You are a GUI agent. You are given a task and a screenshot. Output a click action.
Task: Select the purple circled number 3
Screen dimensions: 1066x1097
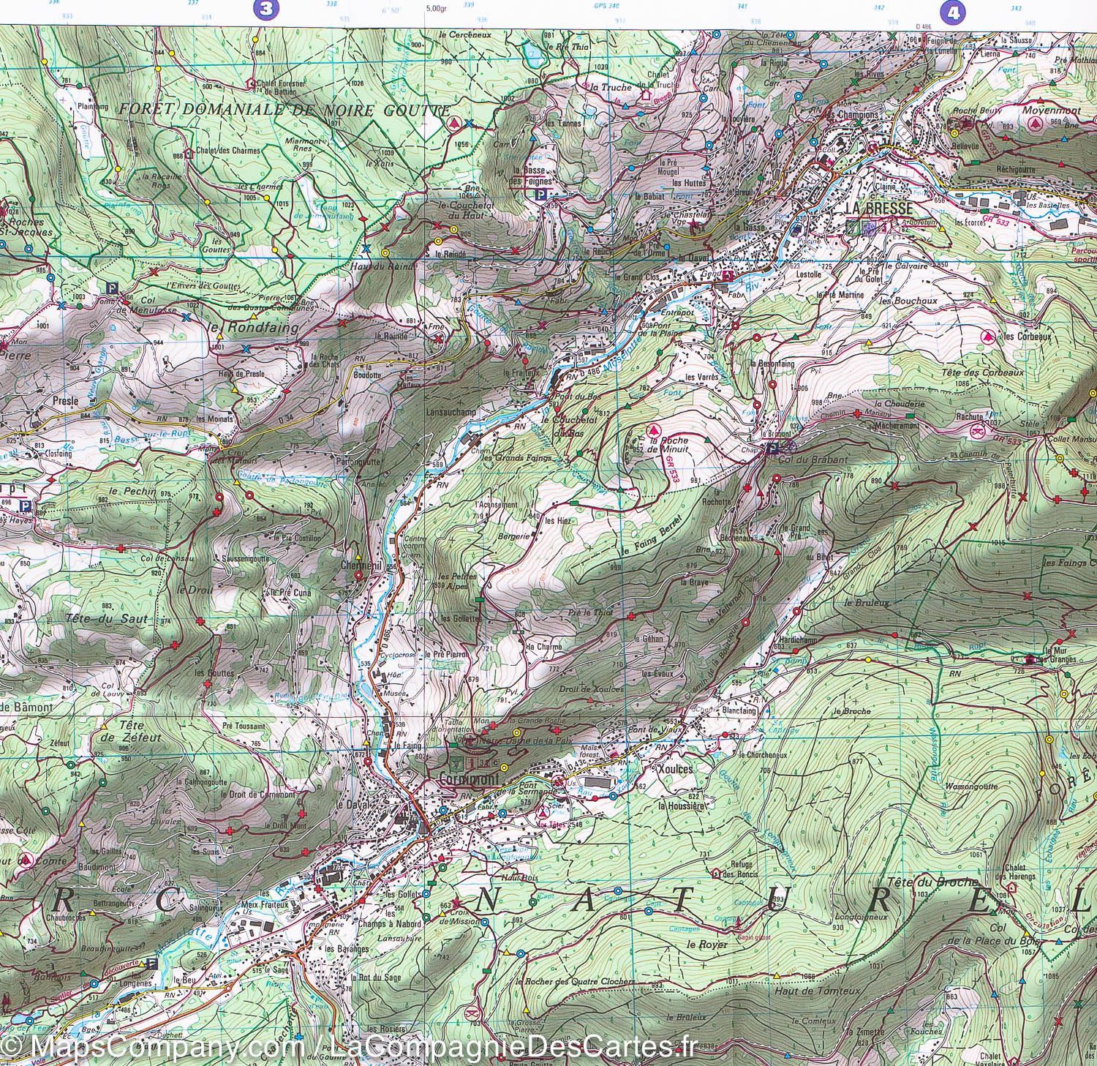pos(265,10)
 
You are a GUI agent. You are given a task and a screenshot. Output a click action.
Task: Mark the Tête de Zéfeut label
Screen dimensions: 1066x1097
pos(119,732)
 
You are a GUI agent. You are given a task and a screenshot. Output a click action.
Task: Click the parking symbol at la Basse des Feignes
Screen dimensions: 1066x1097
pos(540,195)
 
